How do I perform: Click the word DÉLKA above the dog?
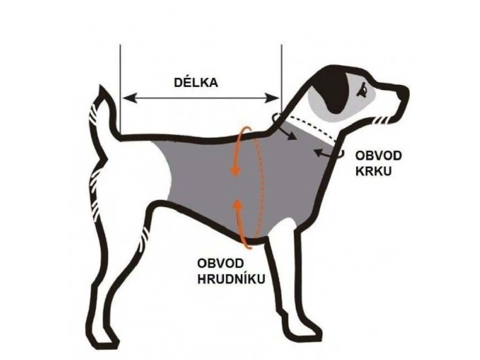[x=196, y=83]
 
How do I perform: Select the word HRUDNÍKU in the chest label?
[x=232, y=278]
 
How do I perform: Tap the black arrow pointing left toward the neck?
[x=319, y=152]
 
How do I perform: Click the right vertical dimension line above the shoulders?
[x=281, y=70]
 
